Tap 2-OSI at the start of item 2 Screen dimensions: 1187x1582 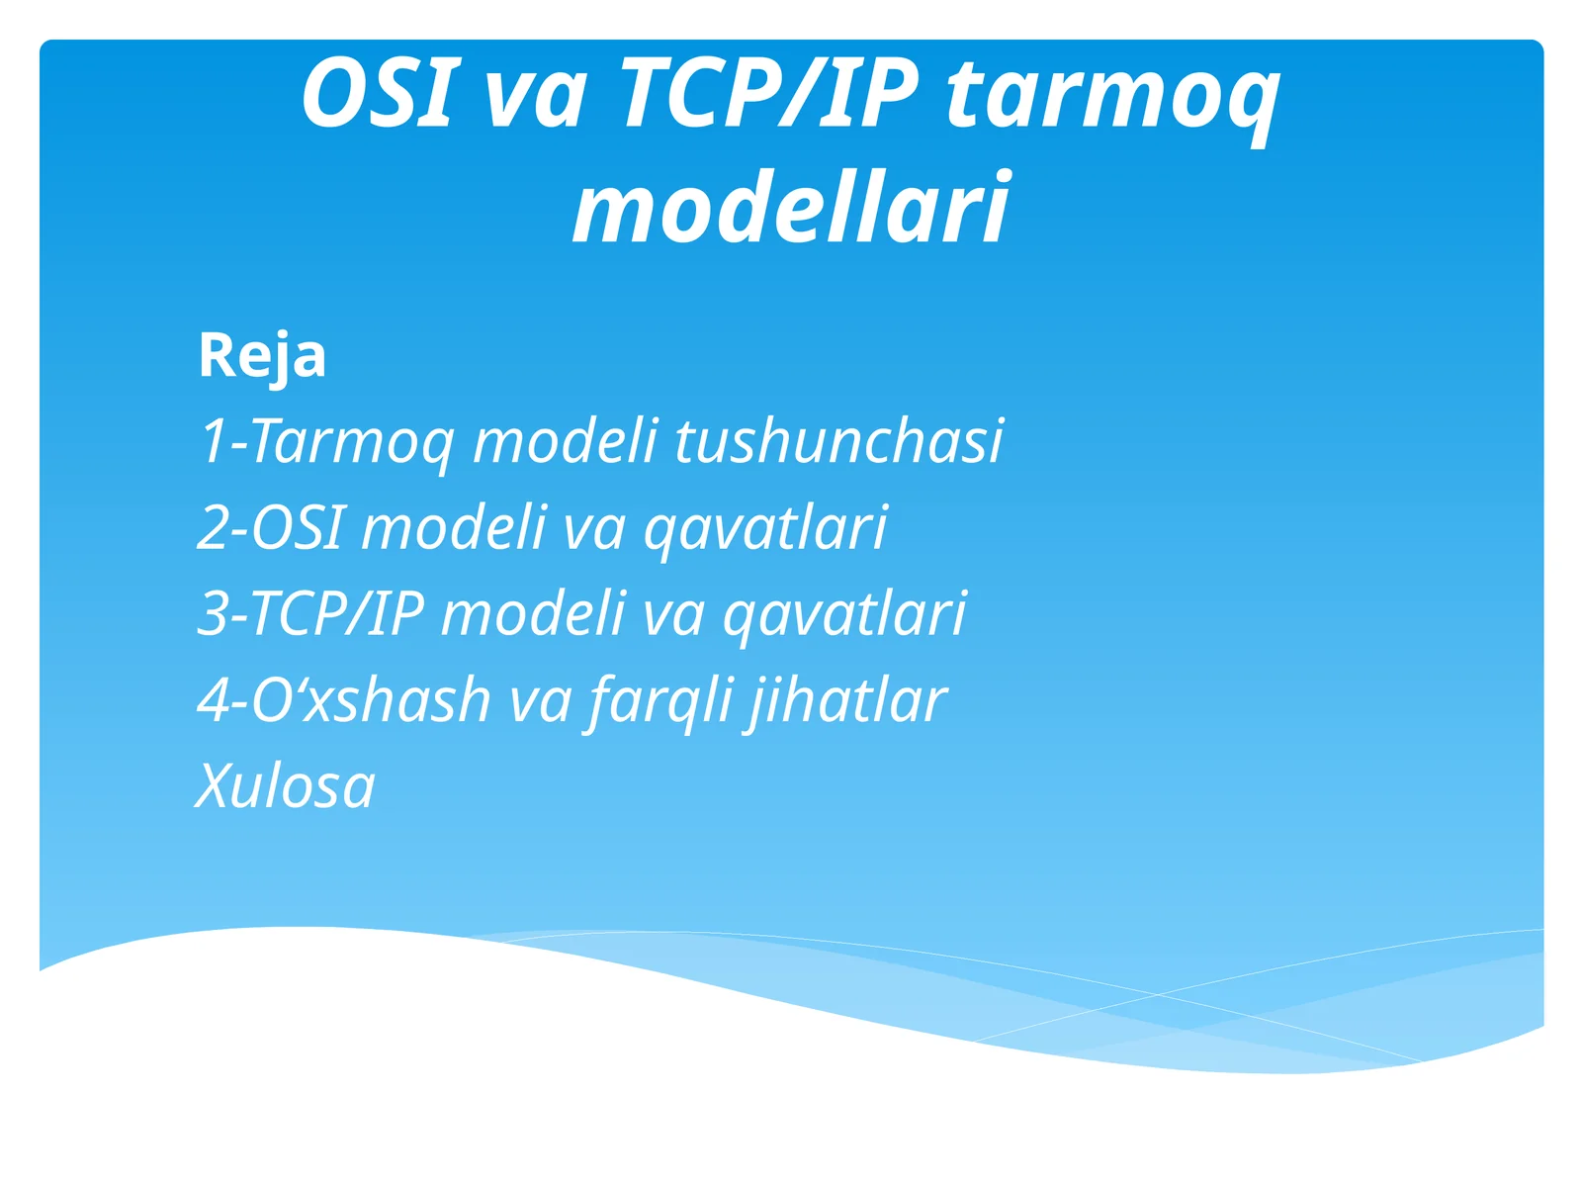[x=270, y=526]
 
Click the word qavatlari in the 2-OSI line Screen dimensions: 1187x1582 [x=765, y=528]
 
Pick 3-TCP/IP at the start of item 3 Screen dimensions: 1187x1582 [x=310, y=613]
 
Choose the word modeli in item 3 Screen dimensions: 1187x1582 [x=533, y=613]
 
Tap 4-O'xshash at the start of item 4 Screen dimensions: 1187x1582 [x=344, y=700]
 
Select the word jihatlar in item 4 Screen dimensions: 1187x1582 [x=846, y=701]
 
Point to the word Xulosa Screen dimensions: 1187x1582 [x=286, y=786]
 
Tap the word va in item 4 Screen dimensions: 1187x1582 [x=540, y=701]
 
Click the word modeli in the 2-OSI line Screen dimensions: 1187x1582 [x=454, y=526]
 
